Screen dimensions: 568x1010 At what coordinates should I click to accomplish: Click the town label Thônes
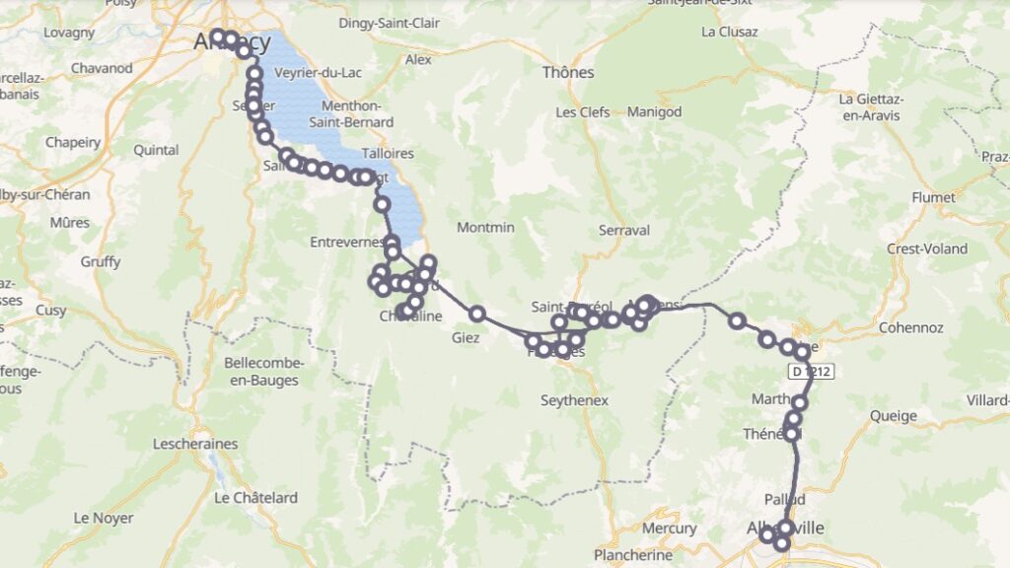[568, 72]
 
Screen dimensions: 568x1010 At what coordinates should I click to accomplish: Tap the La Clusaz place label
[729, 32]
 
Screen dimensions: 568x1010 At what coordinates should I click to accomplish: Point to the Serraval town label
[624, 230]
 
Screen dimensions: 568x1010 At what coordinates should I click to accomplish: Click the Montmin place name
[485, 228]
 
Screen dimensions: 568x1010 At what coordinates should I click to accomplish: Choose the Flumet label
[933, 197]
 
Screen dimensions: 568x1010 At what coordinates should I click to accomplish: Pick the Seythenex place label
[575, 400]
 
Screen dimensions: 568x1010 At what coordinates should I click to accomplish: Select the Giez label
[466, 337]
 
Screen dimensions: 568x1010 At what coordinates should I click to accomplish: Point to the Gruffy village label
[101, 261]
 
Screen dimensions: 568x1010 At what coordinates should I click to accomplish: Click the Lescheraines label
[195, 444]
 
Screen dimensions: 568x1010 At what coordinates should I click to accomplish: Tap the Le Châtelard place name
[255, 498]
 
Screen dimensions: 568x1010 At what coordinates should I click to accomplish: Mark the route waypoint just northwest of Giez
[477, 314]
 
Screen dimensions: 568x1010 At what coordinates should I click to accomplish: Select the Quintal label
[156, 150]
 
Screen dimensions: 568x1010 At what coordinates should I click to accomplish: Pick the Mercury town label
[669, 529]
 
